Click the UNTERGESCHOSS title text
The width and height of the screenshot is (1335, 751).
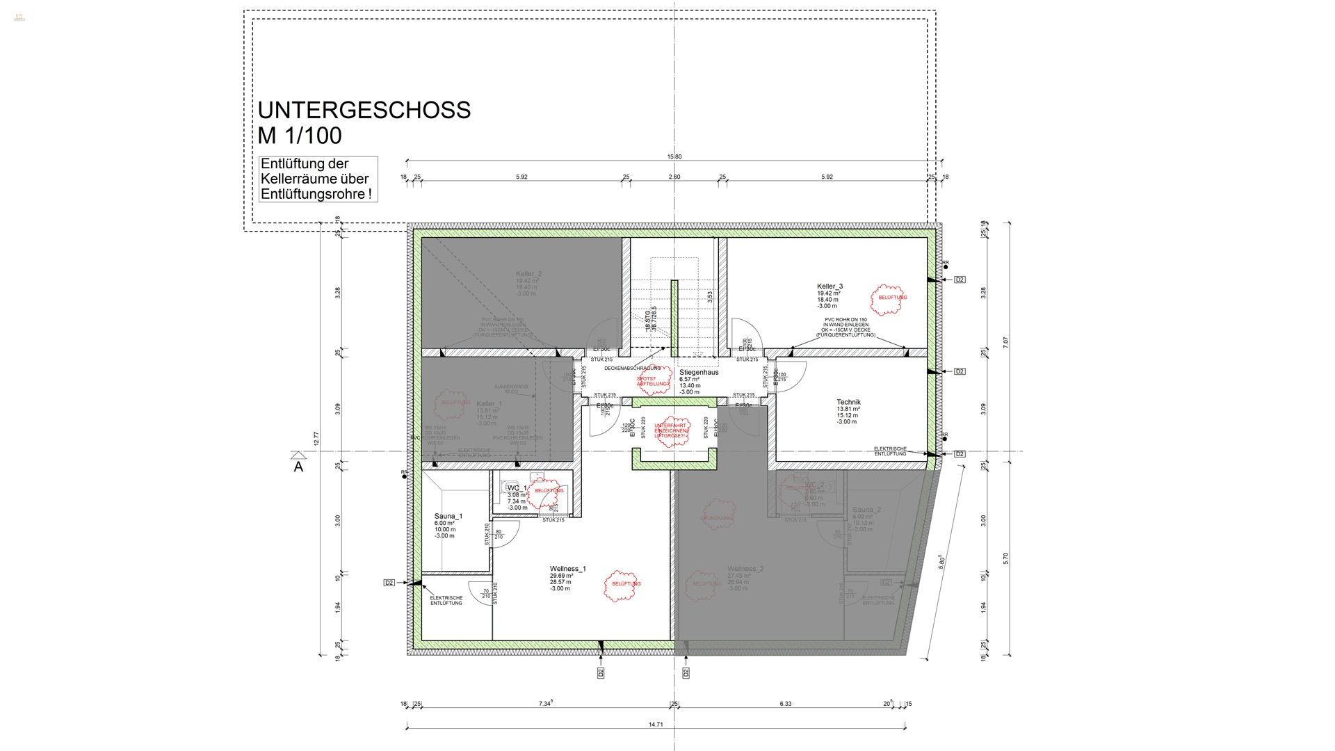[364, 110]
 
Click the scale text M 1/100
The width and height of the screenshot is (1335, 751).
[300, 136]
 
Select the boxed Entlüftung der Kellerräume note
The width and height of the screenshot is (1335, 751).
[318, 179]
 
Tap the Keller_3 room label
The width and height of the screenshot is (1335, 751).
[830, 286]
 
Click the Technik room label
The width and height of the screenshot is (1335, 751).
[848, 403]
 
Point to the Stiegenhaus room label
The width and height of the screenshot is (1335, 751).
[698, 373]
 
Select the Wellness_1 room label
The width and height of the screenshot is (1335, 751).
[567, 569]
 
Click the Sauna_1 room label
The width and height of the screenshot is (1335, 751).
[448, 517]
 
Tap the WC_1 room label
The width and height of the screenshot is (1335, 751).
[517, 488]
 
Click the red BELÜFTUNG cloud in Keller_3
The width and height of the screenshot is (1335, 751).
[889, 299]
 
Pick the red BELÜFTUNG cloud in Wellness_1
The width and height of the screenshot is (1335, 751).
[622, 585]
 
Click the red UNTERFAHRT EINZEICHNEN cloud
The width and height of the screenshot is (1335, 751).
[670, 431]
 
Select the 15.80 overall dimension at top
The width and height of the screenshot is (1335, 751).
[674, 156]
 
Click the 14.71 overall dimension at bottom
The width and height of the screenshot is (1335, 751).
[656, 725]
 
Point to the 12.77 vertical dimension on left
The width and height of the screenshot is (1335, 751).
[316, 439]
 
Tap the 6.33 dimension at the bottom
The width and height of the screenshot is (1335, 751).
[786, 704]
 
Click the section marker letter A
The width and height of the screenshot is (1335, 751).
[298, 467]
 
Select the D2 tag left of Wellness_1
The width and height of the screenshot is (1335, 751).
[389, 583]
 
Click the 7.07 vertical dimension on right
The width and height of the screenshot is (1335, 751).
[1005, 343]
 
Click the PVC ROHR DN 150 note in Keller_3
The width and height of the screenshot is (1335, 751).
[845, 328]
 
